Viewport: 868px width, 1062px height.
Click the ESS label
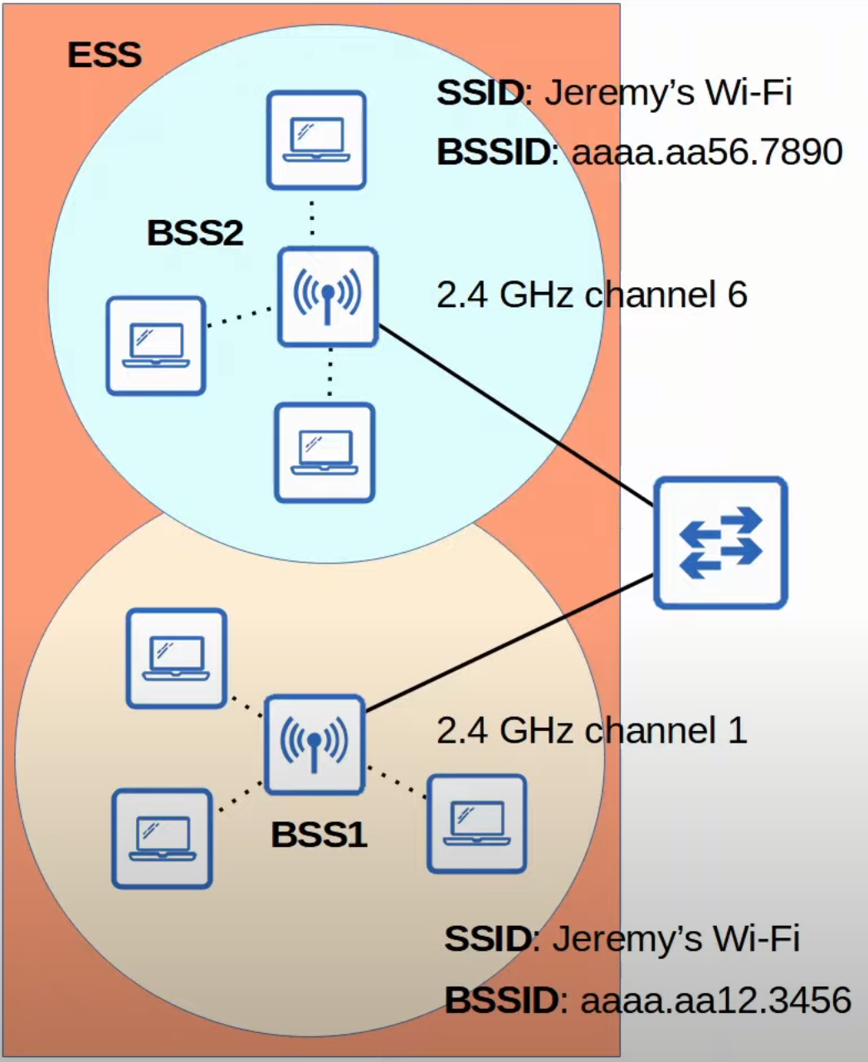[105, 55]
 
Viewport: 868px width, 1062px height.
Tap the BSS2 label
[195, 232]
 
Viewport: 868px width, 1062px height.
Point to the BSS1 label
[319, 835]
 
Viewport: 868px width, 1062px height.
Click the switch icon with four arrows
[720, 543]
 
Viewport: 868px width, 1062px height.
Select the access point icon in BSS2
[328, 296]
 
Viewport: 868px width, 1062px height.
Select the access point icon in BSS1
[315, 745]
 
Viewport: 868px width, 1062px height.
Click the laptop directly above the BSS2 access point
[316, 140]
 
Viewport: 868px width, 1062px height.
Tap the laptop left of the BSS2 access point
[156, 346]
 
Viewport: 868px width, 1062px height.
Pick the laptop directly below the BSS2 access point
[324, 453]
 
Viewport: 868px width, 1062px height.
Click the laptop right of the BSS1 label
[477, 824]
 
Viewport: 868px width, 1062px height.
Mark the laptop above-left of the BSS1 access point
[176, 658]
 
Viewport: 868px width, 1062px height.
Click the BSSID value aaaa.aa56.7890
[707, 152]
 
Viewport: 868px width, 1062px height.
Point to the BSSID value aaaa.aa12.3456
[716, 1000]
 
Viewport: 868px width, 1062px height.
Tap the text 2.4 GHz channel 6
[592, 295]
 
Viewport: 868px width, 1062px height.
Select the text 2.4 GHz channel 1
[592, 731]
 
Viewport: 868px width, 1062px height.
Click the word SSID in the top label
[480, 93]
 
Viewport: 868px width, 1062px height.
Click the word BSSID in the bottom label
[502, 1000]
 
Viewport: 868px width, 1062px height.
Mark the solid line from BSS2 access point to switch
[516, 416]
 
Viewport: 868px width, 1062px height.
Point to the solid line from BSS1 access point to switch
[510, 643]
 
